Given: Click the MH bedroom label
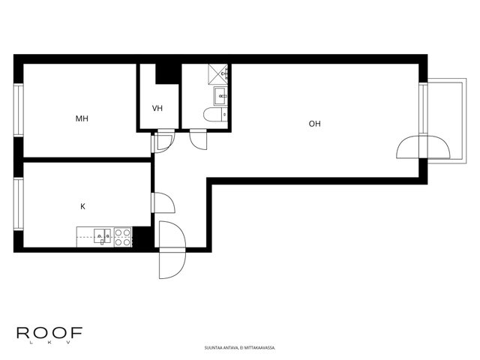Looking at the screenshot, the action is tap(82, 118).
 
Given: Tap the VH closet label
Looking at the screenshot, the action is tap(157, 108).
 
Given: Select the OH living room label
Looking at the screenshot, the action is tap(315, 124).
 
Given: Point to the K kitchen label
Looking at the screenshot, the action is tap(82, 207).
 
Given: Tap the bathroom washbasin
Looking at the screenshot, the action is tap(220, 96).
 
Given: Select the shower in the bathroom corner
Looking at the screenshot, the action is tap(218, 73).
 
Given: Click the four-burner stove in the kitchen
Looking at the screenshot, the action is tap(123, 238).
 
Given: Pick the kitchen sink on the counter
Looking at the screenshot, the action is tap(103, 236).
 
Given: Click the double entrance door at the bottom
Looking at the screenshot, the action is tap(172, 250).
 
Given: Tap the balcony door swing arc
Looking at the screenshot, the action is tap(423, 147).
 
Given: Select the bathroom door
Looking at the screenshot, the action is tap(198, 139).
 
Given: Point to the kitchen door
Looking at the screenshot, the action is tap(163, 202).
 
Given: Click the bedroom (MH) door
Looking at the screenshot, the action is tap(165, 140).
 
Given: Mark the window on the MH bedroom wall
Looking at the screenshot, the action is tap(18, 110).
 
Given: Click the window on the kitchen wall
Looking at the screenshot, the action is tap(18, 203).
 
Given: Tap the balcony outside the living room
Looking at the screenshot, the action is tap(447, 121).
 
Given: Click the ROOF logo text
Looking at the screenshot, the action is tap(49, 333).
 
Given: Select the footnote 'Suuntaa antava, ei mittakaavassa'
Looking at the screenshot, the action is tap(240, 348).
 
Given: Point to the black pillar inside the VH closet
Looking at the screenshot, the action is tap(167, 73).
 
